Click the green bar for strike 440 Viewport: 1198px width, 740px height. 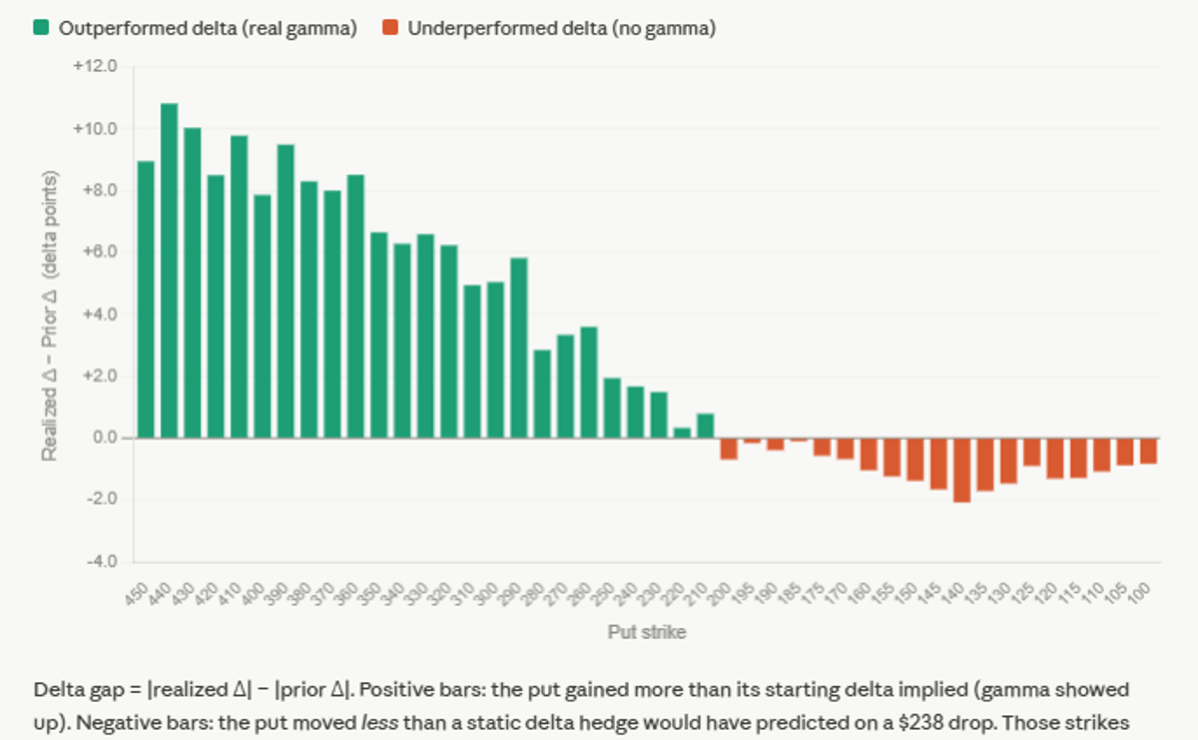[x=169, y=271]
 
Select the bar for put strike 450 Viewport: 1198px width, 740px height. [x=146, y=300]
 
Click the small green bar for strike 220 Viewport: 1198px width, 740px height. [x=682, y=432]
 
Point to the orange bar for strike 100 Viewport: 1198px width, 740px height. [x=1148, y=450]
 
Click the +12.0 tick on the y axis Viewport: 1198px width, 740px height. [x=96, y=67]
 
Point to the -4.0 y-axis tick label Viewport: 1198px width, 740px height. [x=100, y=561]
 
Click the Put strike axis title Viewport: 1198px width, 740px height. [x=646, y=632]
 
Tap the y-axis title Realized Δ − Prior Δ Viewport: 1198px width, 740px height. [x=49, y=314]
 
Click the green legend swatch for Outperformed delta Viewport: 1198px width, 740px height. [x=41, y=28]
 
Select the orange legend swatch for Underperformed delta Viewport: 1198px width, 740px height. [x=389, y=28]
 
